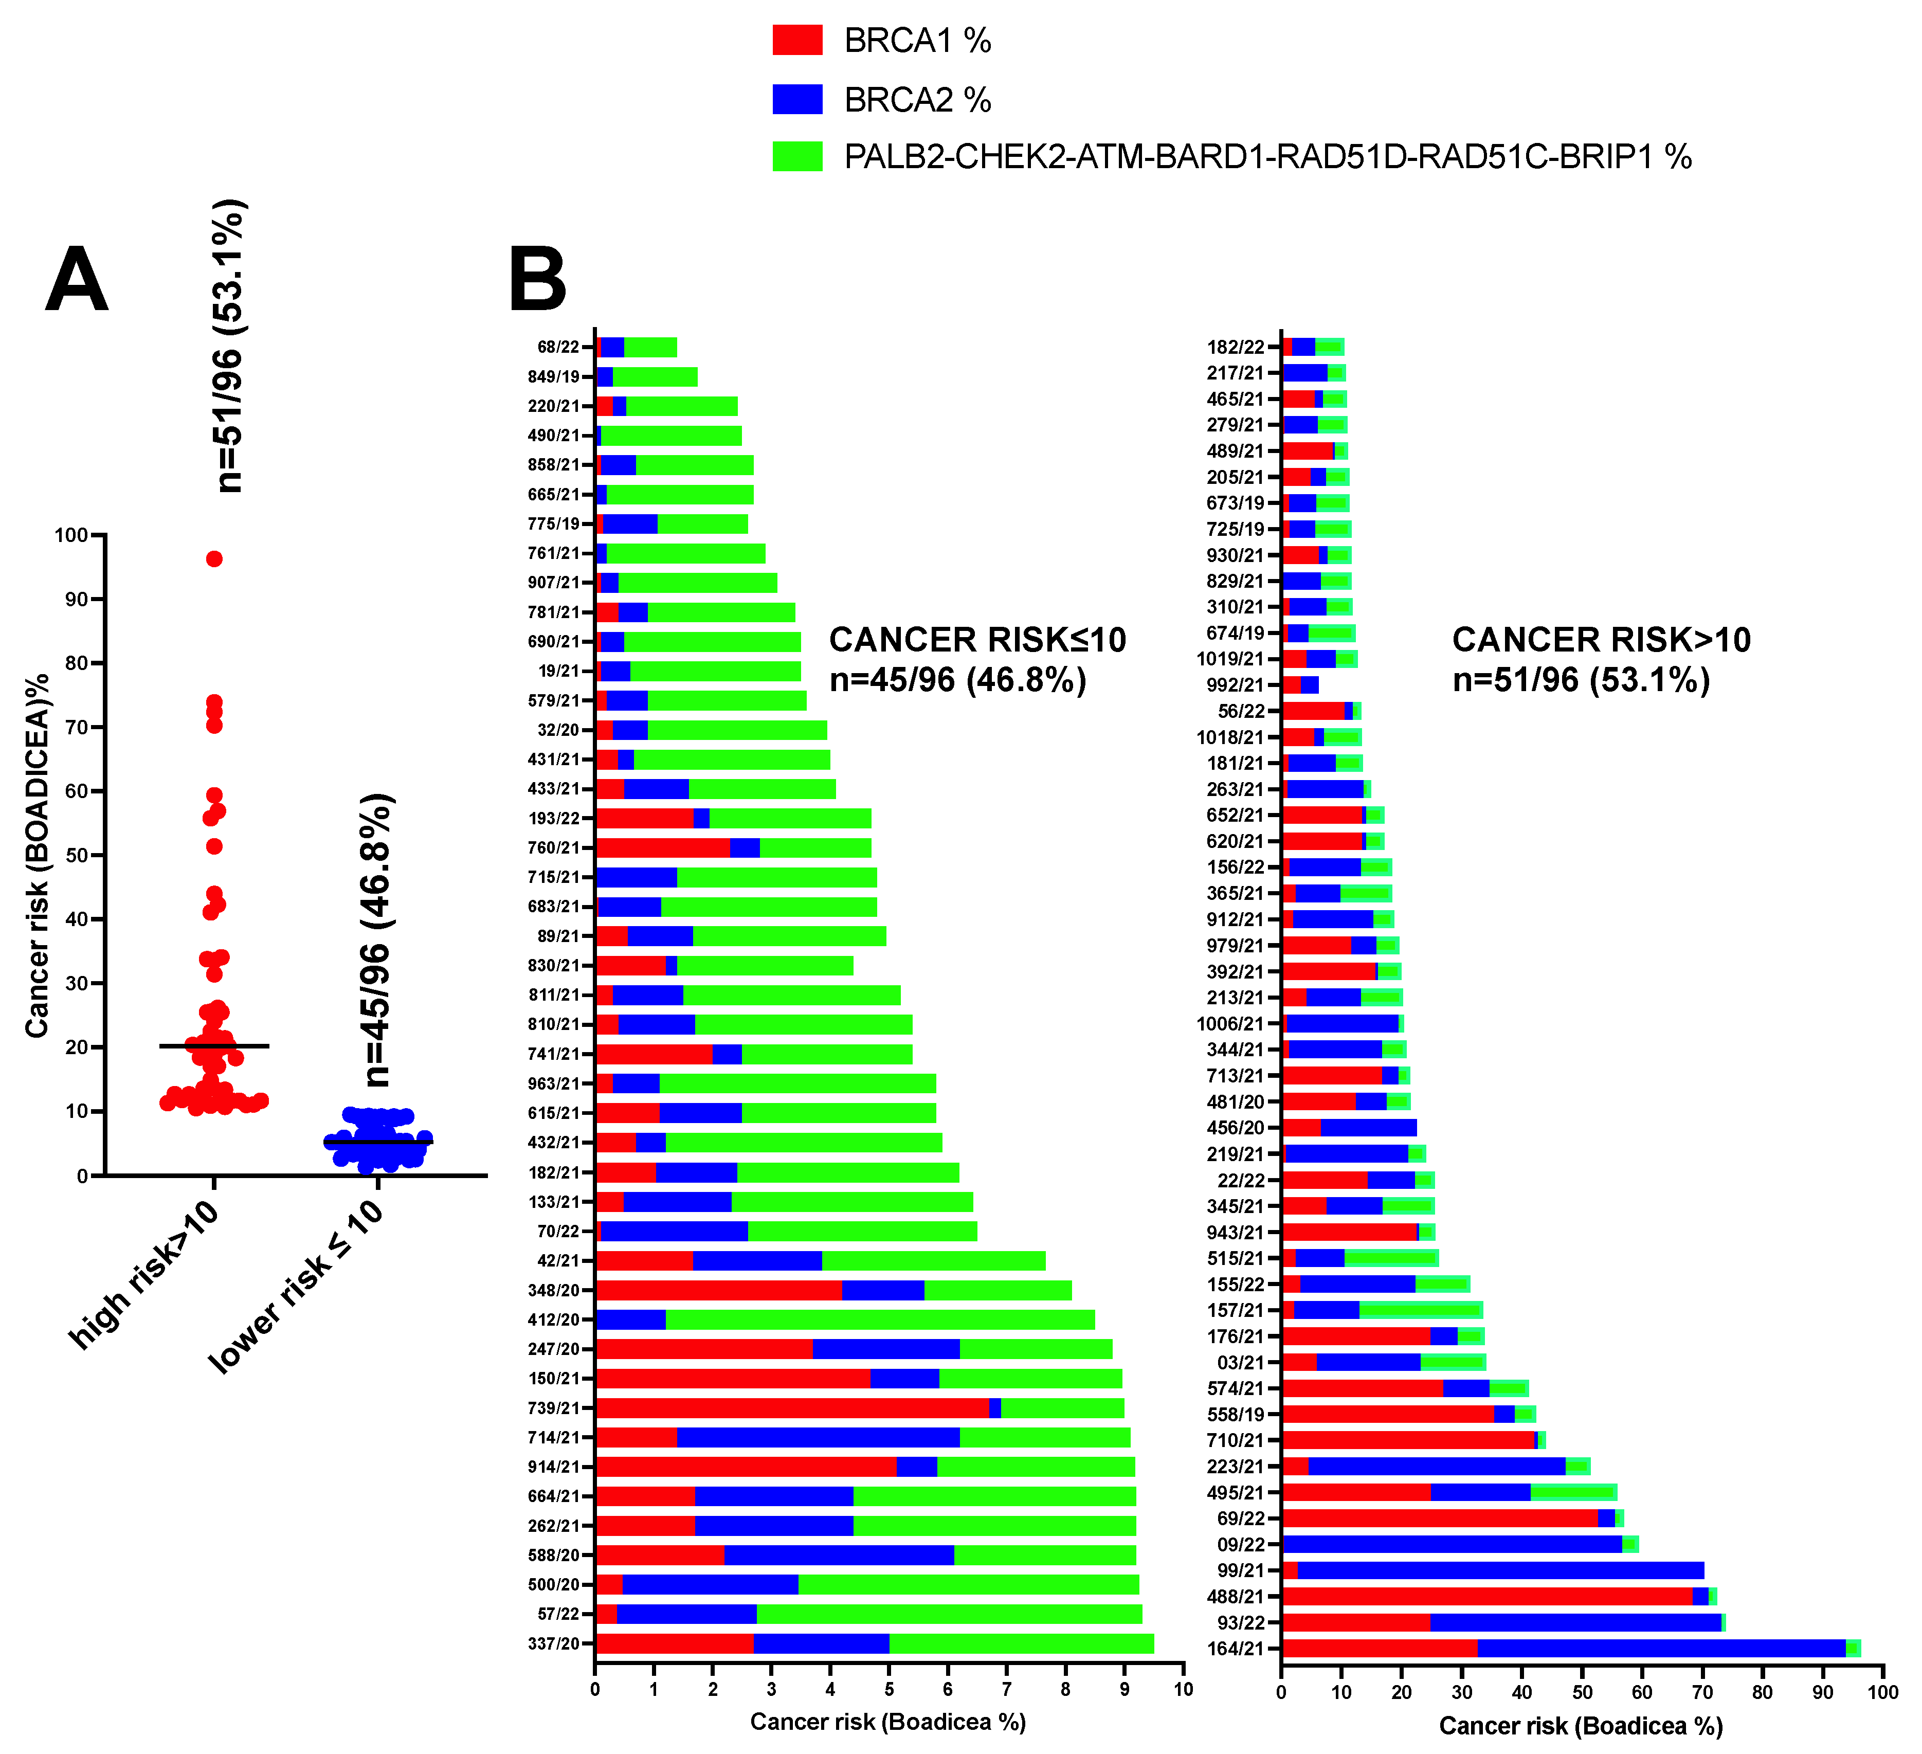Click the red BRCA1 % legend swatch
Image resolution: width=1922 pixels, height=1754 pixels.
click(797, 40)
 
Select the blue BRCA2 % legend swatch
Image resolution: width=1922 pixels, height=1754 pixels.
click(797, 99)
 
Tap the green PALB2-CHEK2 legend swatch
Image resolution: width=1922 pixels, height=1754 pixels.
click(797, 156)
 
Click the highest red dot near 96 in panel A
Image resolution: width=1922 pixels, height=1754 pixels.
click(214, 558)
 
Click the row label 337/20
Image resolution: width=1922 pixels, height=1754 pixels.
click(554, 1643)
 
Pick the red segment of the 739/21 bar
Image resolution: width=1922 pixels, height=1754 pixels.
click(791, 1408)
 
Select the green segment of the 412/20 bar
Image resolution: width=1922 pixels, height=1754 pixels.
click(879, 1319)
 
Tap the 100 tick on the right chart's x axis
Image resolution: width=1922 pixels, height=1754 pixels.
click(1882, 1692)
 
